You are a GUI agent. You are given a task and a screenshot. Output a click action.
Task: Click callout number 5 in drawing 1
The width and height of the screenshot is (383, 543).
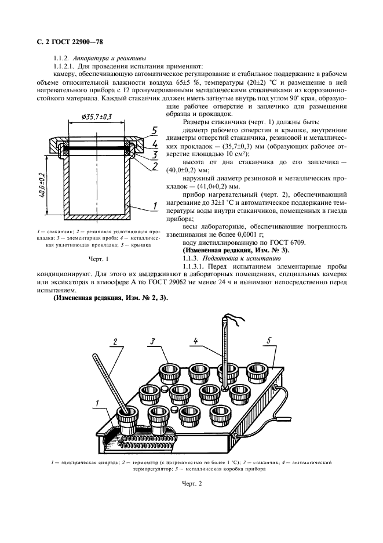(x=155, y=129)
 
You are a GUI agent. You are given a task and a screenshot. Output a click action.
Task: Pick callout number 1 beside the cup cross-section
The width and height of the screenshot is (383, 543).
(x=154, y=205)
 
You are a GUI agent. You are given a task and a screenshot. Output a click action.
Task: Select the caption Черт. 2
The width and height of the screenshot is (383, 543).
(x=191, y=483)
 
